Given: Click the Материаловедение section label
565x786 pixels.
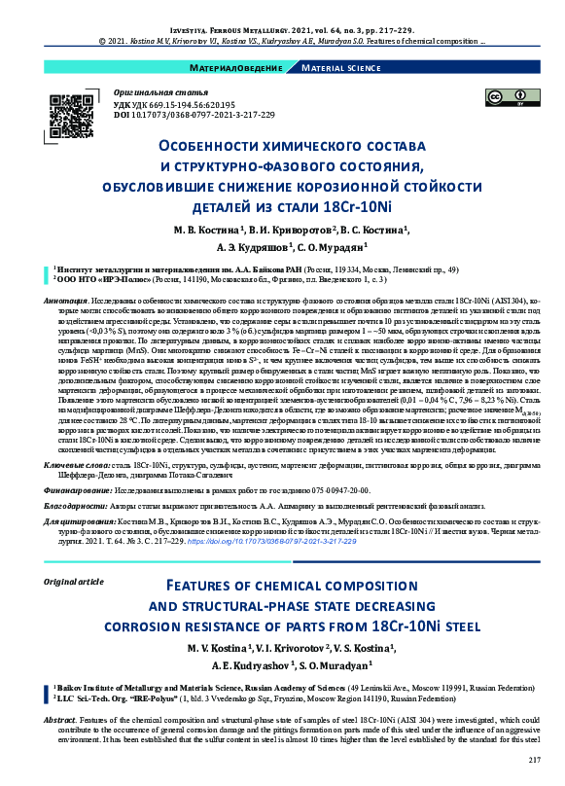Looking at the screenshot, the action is click(x=239, y=68).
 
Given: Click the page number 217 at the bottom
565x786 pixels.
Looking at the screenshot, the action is click(x=533, y=759).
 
